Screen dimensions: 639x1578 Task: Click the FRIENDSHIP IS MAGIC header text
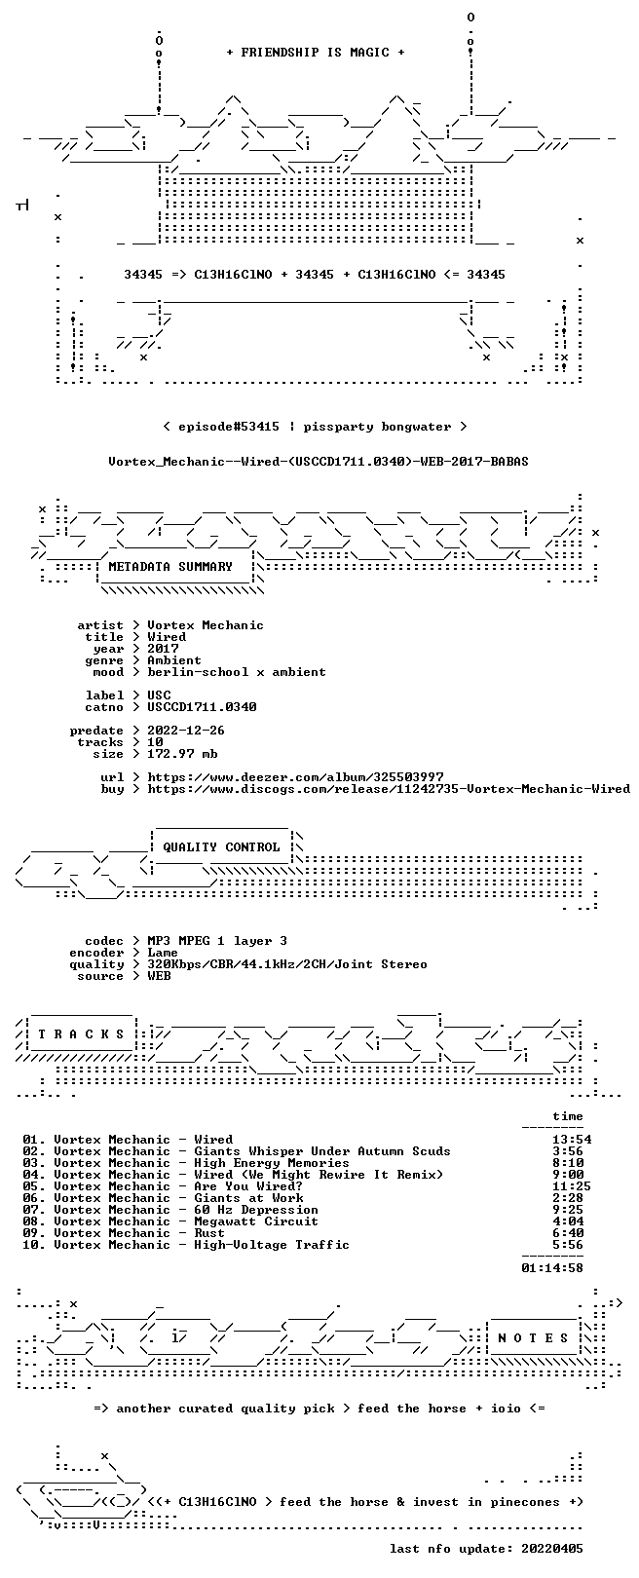tap(316, 53)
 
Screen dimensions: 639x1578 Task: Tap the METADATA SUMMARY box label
tap(170, 566)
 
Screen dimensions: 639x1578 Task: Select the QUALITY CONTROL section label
tap(221, 846)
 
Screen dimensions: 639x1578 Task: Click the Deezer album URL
tap(296, 777)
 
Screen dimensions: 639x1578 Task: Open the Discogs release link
tap(389, 789)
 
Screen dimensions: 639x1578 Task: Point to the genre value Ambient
tap(174, 660)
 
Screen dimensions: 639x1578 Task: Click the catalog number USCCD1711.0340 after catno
tap(203, 706)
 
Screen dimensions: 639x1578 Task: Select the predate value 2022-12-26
tap(186, 731)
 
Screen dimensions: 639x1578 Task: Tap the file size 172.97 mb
tap(182, 754)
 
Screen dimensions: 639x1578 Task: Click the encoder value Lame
tap(163, 953)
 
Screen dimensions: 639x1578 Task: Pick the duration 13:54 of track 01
tap(572, 1139)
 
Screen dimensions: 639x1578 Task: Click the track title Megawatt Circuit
tap(256, 1221)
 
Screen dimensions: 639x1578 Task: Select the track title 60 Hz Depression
tap(256, 1210)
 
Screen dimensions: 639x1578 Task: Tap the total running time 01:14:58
tap(552, 1267)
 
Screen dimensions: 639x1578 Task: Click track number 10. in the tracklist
tap(34, 1245)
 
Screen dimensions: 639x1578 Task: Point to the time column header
tap(568, 1116)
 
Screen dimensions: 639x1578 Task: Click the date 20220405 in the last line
tap(552, 1548)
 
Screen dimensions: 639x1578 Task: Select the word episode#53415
tap(229, 427)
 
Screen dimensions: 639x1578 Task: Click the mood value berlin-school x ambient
tap(237, 672)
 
